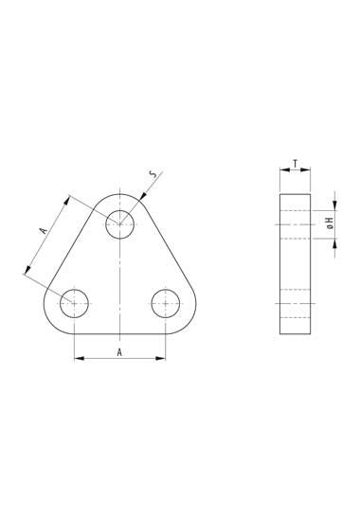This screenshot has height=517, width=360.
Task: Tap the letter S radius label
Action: click(153, 174)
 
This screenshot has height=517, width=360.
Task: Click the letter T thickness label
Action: click(296, 164)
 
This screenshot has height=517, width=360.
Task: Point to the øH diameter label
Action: click(331, 223)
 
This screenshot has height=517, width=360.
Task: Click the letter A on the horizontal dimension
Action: click(119, 352)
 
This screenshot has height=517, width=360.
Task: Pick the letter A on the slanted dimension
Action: click(45, 230)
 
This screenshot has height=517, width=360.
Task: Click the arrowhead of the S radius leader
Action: click(143, 196)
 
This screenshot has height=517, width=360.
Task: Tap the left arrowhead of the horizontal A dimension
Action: click(80, 358)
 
